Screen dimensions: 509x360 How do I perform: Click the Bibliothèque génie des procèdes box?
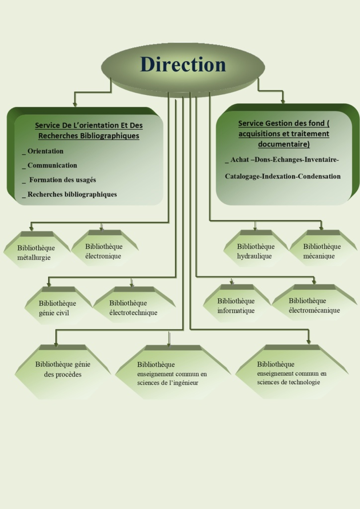point(62,369)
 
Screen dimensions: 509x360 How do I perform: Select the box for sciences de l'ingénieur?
point(172,373)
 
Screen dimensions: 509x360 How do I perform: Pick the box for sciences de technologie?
point(292,373)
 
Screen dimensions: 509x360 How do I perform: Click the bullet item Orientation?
point(45,151)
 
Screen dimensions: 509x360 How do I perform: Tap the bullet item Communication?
point(52,166)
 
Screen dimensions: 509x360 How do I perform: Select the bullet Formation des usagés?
point(62,180)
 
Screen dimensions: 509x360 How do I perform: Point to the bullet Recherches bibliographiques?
point(72,194)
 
